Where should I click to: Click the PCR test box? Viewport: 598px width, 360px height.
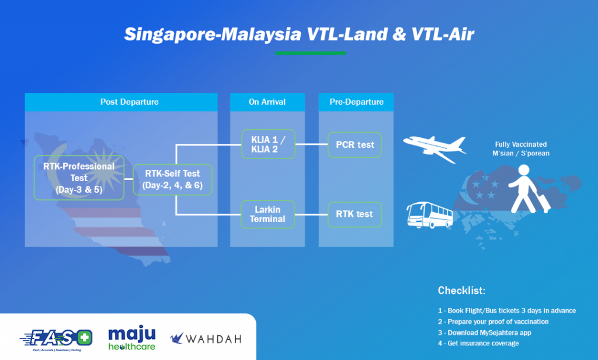point(354,145)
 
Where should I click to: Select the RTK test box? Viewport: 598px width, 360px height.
point(354,214)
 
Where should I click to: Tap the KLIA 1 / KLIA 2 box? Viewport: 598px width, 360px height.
point(268,144)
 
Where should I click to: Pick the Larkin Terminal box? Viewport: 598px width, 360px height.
point(267,214)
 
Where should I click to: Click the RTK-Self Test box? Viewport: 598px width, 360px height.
point(172,179)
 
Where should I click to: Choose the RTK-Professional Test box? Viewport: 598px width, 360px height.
point(79,178)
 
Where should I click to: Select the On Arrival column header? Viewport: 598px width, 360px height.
point(267,102)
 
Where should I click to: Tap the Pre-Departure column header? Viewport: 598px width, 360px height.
point(356,102)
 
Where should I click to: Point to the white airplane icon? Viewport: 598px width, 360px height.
point(434,148)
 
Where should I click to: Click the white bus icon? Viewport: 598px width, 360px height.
point(429,215)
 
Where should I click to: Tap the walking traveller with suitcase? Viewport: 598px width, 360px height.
point(529,189)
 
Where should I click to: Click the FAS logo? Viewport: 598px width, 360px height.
point(56,339)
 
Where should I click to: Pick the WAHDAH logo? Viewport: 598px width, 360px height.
point(206,338)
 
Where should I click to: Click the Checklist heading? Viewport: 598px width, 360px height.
point(461,290)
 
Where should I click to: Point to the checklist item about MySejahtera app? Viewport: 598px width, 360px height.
point(484,333)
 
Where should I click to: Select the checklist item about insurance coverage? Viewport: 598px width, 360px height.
point(478,343)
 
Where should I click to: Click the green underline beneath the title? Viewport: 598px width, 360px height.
point(311,53)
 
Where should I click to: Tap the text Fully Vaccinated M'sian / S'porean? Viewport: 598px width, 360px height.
point(521,149)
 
